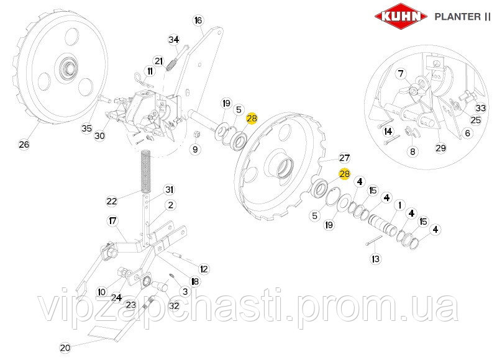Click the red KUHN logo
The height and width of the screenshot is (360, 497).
[x=401, y=16]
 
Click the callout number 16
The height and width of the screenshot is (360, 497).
[x=198, y=20]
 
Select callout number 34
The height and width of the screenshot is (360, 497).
[x=174, y=40]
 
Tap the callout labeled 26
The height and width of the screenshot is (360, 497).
[x=24, y=145]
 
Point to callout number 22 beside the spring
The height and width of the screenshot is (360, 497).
[x=112, y=201]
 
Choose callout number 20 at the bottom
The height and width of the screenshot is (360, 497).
[x=65, y=348]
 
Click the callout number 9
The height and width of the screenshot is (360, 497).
[x=195, y=149]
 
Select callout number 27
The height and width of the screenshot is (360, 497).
[x=345, y=158]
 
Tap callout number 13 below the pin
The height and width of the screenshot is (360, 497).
[x=376, y=259]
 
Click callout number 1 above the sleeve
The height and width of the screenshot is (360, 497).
[x=399, y=205]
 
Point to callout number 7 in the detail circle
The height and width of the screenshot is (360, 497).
[x=401, y=74]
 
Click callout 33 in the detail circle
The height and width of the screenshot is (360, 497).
[x=480, y=108]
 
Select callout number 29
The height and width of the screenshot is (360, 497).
[x=440, y=148]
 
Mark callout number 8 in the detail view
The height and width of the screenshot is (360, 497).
[x=413, y=151]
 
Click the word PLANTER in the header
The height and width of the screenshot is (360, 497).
[x=457, y=17]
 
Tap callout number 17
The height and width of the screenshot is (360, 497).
[x=112, y=220]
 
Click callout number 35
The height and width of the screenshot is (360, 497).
[x=86, y=128]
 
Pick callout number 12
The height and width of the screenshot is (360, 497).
[x=204, y=269]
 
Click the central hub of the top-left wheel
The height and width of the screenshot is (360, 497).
[x=68, y=67]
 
